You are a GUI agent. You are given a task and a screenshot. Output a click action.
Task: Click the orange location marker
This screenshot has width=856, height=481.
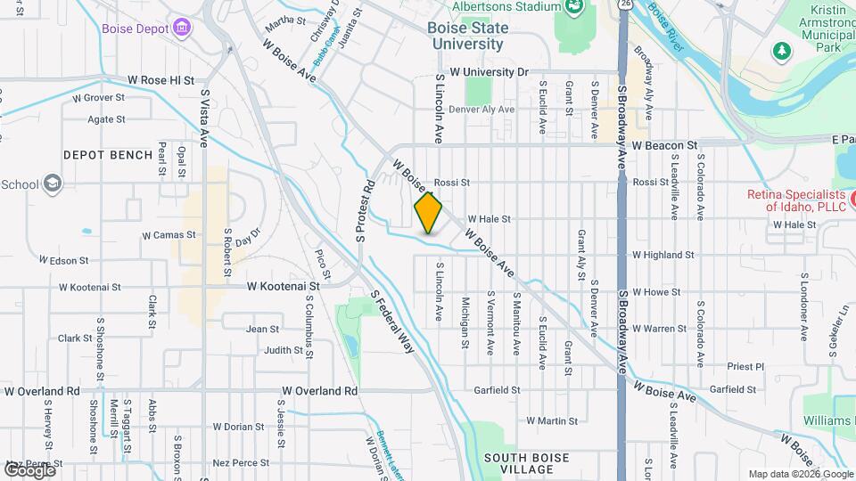429,212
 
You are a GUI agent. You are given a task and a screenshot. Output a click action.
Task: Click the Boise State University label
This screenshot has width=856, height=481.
467,35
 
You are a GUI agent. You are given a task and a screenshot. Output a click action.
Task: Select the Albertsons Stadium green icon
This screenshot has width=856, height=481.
572,7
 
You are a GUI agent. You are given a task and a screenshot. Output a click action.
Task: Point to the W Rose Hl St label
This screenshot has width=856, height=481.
160,80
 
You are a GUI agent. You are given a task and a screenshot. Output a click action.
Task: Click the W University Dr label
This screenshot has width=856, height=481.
490,71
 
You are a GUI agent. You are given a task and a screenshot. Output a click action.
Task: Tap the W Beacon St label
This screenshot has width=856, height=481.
664,144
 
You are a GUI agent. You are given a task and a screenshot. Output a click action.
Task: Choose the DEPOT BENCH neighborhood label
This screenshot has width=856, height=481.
108,155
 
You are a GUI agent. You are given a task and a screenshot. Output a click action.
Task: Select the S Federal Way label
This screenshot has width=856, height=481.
392,321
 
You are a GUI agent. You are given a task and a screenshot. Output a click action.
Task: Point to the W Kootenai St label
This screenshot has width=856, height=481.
283,286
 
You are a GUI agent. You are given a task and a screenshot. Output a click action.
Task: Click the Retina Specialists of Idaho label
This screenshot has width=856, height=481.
795,200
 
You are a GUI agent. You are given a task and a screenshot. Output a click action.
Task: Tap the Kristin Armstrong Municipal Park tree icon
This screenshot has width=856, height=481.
782,51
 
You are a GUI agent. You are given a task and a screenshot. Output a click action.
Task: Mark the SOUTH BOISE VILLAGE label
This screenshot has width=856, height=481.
526,463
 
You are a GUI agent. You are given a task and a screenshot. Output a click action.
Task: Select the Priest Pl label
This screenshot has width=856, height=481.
745,366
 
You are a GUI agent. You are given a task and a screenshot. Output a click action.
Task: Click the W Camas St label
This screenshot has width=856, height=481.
169,236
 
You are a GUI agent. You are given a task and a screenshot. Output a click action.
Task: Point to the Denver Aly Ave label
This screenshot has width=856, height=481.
481,110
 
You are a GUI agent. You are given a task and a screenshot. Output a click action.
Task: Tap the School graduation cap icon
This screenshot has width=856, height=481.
53,183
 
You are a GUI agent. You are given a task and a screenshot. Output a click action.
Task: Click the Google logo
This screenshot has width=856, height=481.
29,469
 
